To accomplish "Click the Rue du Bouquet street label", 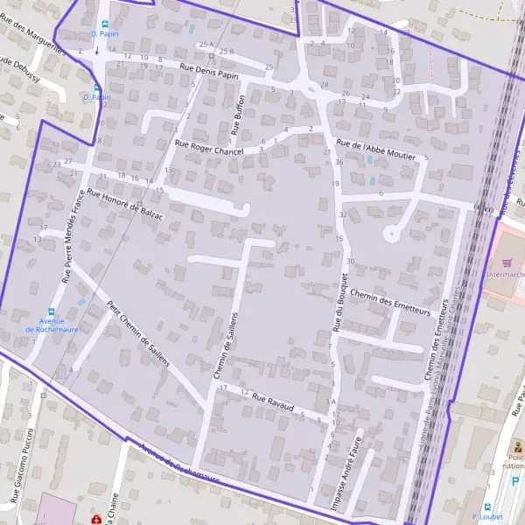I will click(x=340, y=302).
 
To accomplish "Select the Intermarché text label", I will click(x=505, y=274).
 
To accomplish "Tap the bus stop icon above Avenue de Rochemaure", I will click(x=52, y=310).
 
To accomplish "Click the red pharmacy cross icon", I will click(x=94, y=518).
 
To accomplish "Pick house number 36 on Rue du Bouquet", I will click(x=339, y=162).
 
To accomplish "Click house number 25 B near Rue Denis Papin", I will click(x=226, y=52).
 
